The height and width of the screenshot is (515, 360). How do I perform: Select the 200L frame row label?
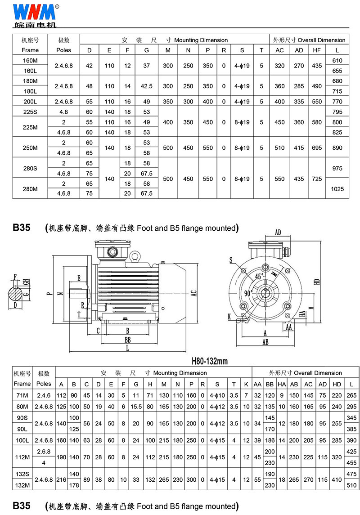[x=30, y=102]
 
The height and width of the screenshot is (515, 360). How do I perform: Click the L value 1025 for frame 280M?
[x=337, y=189]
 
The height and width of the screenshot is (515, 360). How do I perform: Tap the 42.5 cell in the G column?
[x=147, y=86]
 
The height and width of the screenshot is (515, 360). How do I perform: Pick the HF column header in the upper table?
[x=317, y=50]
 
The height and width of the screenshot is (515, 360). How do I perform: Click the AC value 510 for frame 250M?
[x=279, y=148]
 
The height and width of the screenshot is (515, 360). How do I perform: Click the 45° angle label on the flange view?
[x=260, y=277]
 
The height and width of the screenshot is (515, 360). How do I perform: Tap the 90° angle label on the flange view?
[x=248, y=293]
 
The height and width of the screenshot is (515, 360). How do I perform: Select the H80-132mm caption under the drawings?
[x=210, y=361]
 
